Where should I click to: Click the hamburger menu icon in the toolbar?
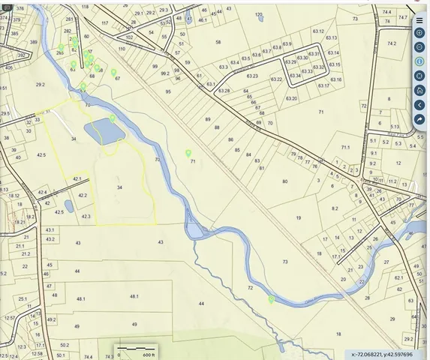tap(419, 20)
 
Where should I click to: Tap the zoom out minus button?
tap(419, 47)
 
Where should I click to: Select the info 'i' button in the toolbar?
tap(419, 61)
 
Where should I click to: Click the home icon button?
tap(419, 90)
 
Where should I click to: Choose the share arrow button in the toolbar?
tap(419, 119)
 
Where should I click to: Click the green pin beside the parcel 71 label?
tap(188, 153)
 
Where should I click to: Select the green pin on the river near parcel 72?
tap(271, 299)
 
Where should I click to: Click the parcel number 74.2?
tap(392, 44)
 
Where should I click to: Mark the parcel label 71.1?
tap(346, 148)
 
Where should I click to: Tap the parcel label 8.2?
tap(335, 208)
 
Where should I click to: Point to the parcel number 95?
tap(168, 91)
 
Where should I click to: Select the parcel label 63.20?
tap(291, 98)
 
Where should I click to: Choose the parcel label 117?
tap(104, 23)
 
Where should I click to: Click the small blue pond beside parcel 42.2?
tap(69, 205)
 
